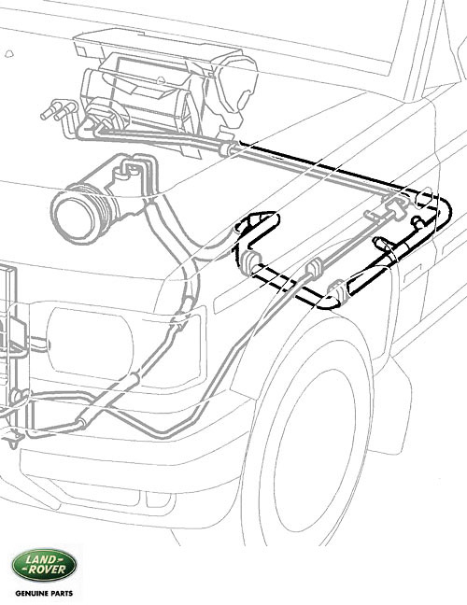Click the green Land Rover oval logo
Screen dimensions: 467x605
tap(45, 565)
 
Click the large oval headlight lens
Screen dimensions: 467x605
tap(90, 343)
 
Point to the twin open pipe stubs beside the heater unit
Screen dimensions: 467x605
tap(58, 109)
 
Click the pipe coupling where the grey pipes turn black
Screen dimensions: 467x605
tap(229, 149)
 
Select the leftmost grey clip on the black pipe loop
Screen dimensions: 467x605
tap(252, 263)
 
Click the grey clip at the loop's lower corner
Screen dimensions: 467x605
tap(336, 290)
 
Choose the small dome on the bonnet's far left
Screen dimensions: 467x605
tap(9, 53)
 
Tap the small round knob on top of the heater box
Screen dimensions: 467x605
tap(161, 80)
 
